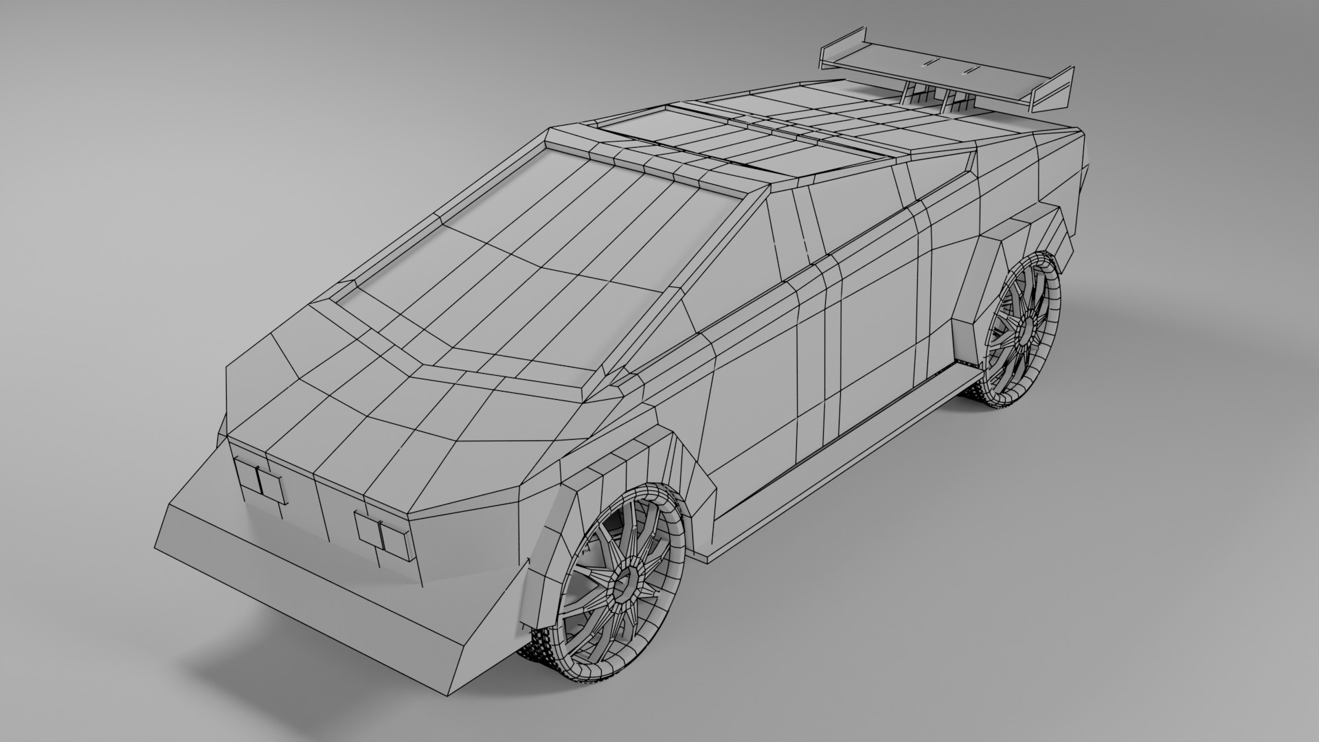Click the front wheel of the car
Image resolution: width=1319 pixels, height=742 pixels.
(x=622, y=584)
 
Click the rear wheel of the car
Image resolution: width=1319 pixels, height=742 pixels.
(x=1024, y=330)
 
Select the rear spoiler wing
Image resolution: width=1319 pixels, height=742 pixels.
(x=948, y=65)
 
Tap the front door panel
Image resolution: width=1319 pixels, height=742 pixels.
(x=756, y=385)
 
